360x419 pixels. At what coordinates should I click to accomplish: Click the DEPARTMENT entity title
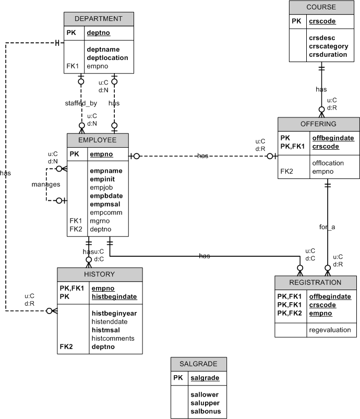pos(99,19)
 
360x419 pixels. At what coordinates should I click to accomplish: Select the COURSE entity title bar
pos(321,7)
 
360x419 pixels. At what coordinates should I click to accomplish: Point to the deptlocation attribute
pos(107,57)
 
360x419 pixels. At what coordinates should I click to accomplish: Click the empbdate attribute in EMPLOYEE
pos(106,196)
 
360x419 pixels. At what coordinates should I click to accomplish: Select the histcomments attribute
pos(113,338)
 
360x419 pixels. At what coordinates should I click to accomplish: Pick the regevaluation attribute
pos(330,330)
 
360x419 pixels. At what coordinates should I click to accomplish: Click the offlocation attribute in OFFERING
pos(328,163)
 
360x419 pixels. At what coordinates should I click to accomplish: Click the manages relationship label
pos(46,184)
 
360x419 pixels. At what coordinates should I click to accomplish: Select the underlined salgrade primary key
pos(205,378)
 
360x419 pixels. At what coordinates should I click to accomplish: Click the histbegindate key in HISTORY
pos(114,296)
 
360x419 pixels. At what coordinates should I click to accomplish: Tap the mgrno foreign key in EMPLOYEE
pos(100,221)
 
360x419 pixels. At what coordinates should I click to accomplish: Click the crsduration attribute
pos(328,54)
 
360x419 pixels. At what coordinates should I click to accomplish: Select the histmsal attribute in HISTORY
pos(106,330)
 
